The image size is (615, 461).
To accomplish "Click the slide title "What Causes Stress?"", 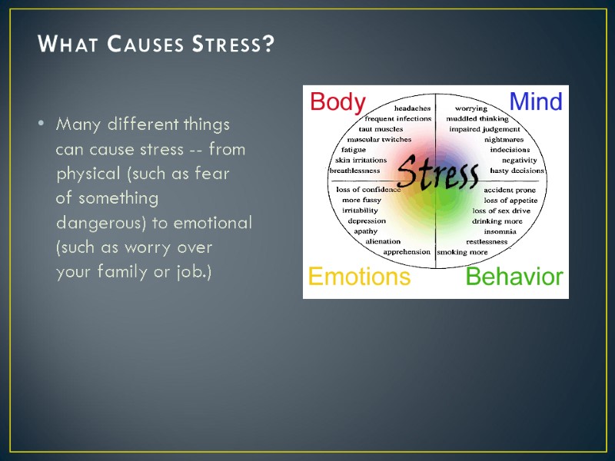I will [156, 45].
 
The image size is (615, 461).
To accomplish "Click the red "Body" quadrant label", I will [337, 102].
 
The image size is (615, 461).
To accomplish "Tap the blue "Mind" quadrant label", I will [536, 102].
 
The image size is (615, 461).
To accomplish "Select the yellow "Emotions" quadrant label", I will [359, 277].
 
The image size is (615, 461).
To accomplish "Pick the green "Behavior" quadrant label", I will [514, 277].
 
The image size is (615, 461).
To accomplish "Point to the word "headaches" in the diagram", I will [412, 108].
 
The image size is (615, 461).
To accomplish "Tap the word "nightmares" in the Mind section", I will [504, 140].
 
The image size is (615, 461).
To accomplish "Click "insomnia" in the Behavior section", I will [500, 231].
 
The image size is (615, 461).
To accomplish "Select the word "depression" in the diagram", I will [367, 221].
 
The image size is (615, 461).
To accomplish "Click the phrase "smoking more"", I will [462, 252].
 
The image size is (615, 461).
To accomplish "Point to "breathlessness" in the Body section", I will [354, 171].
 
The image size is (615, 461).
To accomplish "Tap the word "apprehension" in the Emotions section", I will [407, 252].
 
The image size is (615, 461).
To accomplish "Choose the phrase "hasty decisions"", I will [517, 171].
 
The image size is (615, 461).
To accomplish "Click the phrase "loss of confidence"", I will [368, 189].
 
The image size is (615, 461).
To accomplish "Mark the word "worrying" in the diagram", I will [470, 108].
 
